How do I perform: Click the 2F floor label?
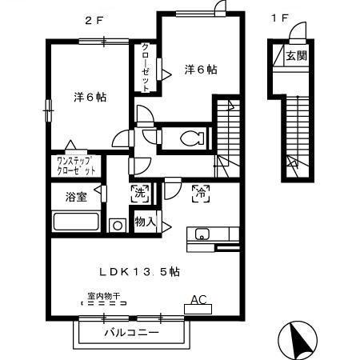[x=94, y=17]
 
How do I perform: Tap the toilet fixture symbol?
[x=190, y=138]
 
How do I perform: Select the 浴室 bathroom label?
[x=70, y=197]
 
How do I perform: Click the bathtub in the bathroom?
[x=75, y=222]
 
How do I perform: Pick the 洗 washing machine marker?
[x=139, y=192]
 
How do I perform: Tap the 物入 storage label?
[x=145, y=221]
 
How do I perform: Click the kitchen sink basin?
[x=201, y=234]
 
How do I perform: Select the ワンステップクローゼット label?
[x=77, y=166]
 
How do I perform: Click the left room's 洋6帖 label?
[x=91, y=97]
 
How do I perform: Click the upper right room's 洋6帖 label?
[x=201, y=70]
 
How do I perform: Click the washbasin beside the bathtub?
[x=118, y=226]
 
